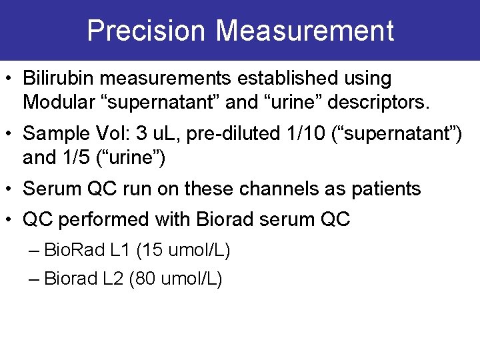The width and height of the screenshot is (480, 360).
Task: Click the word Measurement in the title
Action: coord(305,31)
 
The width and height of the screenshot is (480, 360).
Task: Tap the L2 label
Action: coord(113,279)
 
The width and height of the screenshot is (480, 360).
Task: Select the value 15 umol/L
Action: coord(183,251)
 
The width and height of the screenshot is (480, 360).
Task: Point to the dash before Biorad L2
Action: coord(35,279)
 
